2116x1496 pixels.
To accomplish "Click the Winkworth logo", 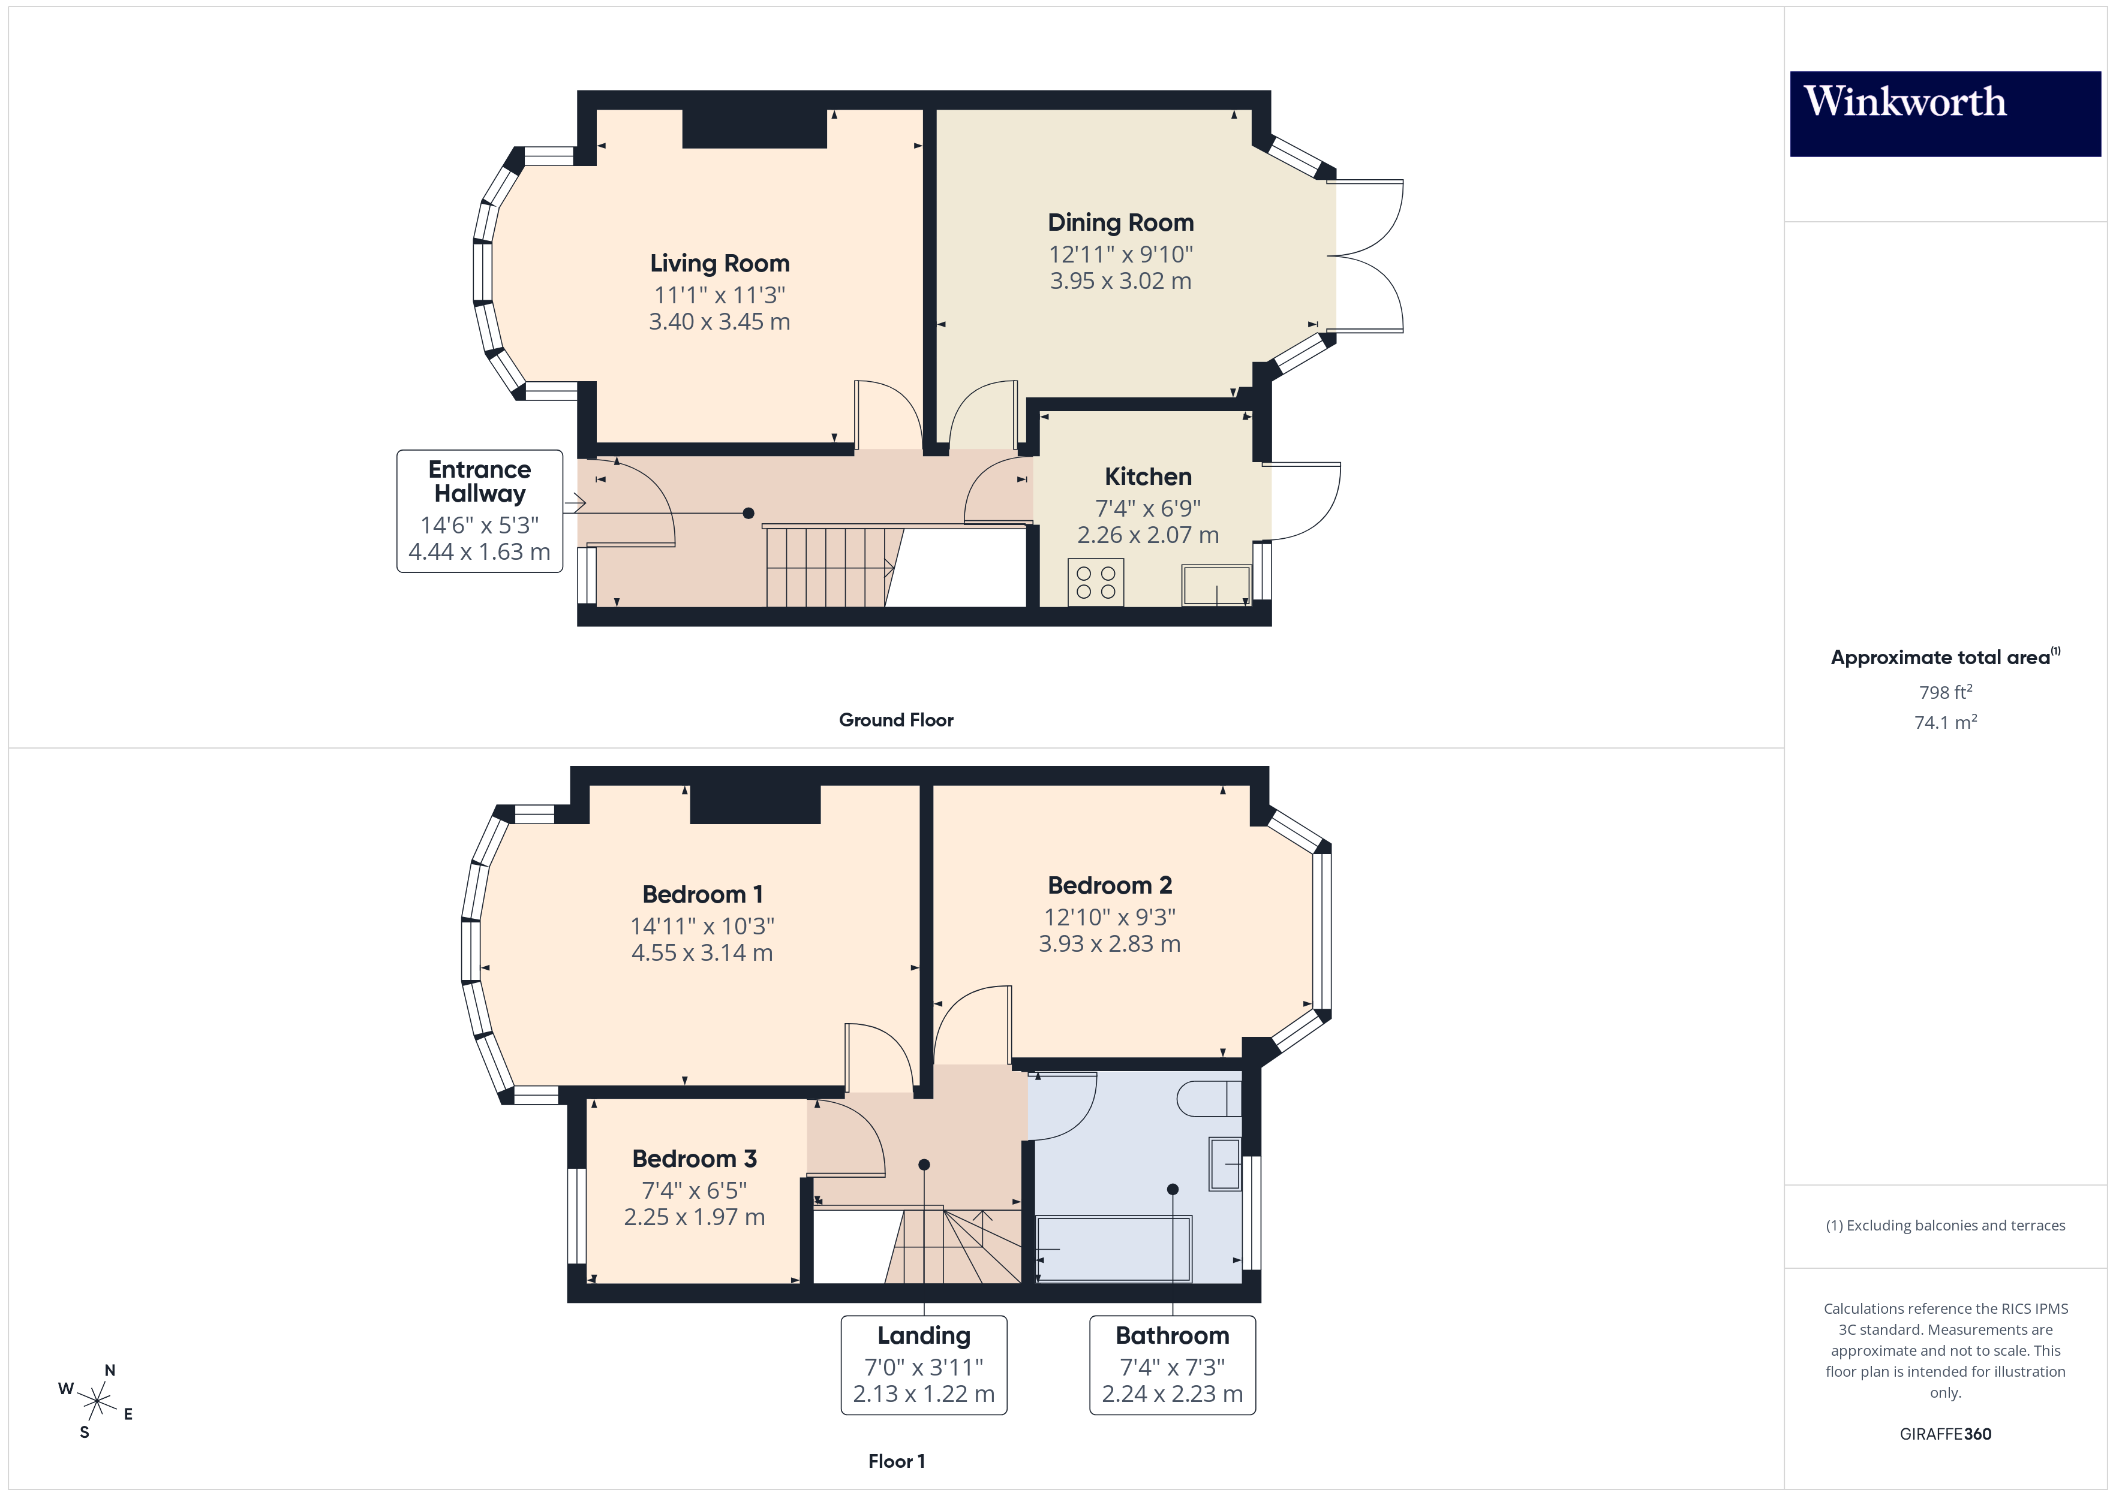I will pos(1944,113).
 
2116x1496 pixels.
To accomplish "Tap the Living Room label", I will pos(719,264).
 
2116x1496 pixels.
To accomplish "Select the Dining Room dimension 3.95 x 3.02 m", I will pos(1120,281).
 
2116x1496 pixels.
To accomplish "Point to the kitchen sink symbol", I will pos(1216,586).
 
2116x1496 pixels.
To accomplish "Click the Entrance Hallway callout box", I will pos(479,511).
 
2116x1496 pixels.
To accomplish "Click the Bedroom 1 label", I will pos(702,894).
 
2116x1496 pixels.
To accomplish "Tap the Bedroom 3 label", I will pos(694,1159).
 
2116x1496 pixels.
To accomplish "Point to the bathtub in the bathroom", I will pos(1113,1249).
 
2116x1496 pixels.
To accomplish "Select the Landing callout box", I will pos(924,1364).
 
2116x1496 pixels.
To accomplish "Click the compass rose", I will pos(97,1401).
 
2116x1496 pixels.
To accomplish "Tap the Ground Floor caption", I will pos(896,720).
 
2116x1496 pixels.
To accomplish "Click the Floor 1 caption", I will pos(896,1461).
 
